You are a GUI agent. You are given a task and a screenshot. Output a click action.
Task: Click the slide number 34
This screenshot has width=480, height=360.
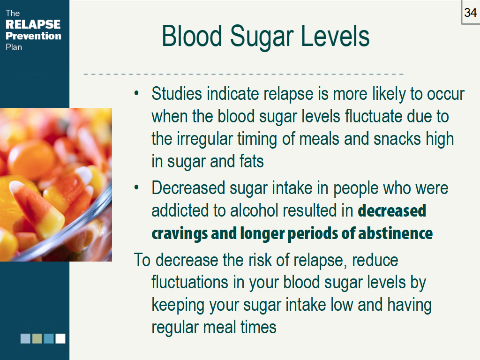pos(470,13)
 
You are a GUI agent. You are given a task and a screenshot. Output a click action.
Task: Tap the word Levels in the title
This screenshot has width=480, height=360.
pos(335,36)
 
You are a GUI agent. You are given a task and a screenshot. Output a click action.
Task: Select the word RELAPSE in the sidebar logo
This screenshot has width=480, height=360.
pos(33,24)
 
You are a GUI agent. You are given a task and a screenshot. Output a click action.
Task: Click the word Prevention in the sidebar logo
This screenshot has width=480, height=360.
pos(33,36)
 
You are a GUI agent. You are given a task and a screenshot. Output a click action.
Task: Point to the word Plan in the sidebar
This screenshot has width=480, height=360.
pos(14,47)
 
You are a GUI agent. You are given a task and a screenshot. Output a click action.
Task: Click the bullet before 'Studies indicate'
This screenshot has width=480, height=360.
pos(136,93)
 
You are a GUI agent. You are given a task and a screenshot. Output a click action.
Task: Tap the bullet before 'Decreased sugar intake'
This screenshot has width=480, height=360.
pos(136,187)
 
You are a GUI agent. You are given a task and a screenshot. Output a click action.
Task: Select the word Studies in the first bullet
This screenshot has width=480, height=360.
pos(177,93)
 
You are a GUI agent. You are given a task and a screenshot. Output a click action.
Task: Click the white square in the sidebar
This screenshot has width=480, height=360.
pos(60,338)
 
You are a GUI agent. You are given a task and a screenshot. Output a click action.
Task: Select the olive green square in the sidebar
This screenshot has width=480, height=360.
pos(37,338)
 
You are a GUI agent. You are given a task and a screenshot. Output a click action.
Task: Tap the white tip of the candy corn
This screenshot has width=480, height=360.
pos(15,186)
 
